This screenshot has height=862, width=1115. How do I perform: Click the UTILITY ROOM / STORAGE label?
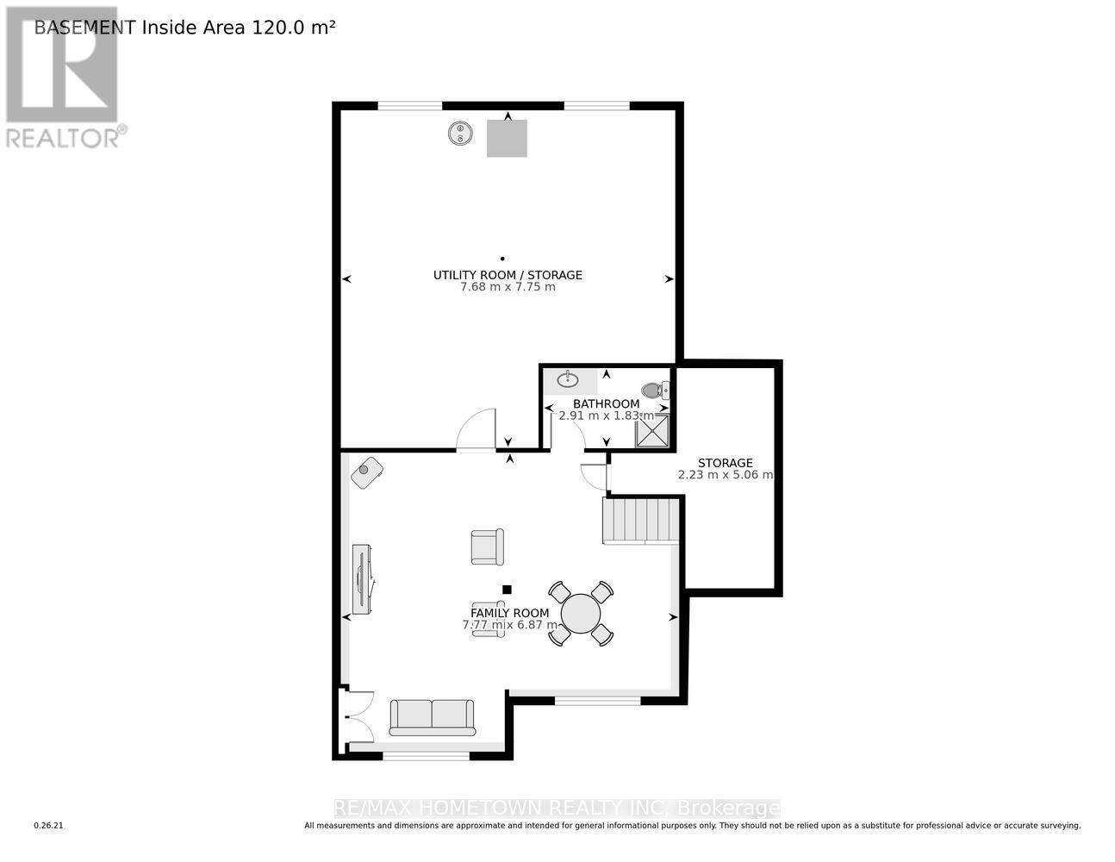point(508,275)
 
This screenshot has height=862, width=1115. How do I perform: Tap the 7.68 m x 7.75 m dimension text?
point(508,287)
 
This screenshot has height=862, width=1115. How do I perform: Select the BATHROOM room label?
point(606,403)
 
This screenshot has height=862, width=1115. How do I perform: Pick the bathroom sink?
point(568,379)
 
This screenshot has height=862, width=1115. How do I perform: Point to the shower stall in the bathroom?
point(652,431)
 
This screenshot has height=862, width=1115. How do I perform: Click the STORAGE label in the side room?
point(725,463)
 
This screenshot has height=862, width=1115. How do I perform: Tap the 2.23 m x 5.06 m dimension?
point(725,475)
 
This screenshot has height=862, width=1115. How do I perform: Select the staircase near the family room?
point(640,520)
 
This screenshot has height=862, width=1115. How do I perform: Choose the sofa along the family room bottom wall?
point(432,717)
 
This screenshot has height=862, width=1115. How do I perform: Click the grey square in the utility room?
point(507,138)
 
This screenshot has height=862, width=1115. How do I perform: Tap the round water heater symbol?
point(461,134)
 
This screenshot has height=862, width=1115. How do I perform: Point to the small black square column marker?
point(507,590)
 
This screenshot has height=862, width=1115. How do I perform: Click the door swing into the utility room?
point(476,430)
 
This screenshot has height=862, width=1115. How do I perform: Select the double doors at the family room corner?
point(357,716)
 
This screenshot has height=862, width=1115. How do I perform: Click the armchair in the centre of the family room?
point(487,547)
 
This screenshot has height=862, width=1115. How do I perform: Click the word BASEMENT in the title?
point(84,27)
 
